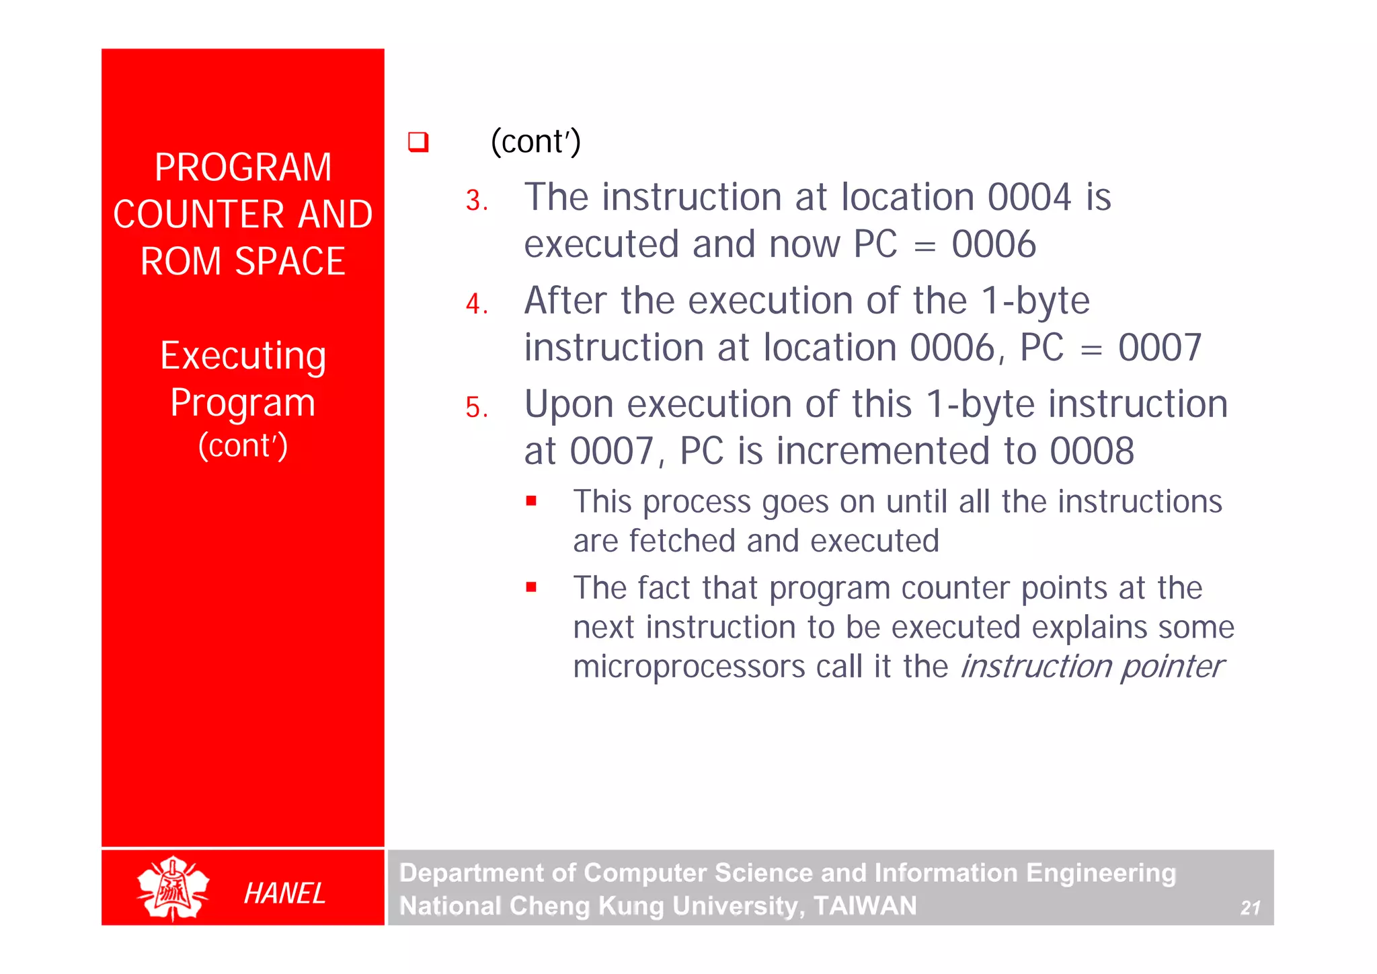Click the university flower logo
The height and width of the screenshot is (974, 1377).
pyautogui.click(x=173, y=888)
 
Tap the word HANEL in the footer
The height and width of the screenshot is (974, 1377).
pyautogui.click(x=284, y=893)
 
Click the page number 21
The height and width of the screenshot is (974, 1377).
pyautogui.click(x=1250, y=908)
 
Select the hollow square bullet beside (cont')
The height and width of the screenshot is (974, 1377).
pyautogui.click(x=418, y=142)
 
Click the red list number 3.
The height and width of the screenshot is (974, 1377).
pyautogui.click(x=476, y=200)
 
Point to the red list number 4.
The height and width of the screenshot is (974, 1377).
pyautogui.click(x=476, y=304)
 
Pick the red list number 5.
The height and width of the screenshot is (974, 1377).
pyautogui.click(x=476, y=408)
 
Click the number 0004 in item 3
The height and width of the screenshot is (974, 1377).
pyautogui.click(x=1029, y=197)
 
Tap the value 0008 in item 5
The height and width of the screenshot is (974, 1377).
pyautogui.click(x=1092, y=451)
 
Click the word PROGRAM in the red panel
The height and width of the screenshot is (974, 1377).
pyautogui.click(x=243, y=167)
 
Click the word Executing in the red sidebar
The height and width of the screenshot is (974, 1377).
pyautogui.click(x=243, y=356)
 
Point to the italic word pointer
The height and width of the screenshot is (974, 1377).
pyautogui.click(x=1172, y=667)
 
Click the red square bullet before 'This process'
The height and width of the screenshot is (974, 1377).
pyautogui.click(x=531, y=500)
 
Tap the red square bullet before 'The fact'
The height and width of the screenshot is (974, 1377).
pyautogui.click(x=531, y=587)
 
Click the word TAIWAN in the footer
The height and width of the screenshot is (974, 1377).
pyautogui.click(x=865, y=905)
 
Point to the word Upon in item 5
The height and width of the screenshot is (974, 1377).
pyautogui.click(x=569, y=405)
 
